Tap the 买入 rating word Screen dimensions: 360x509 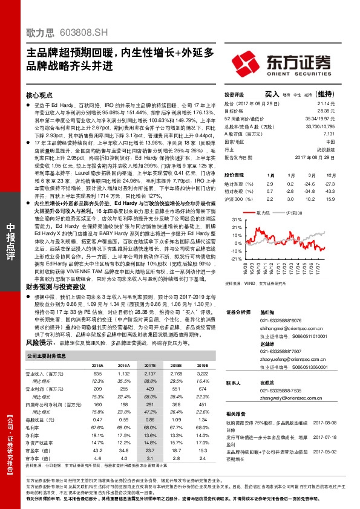[x=272, y=94]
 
